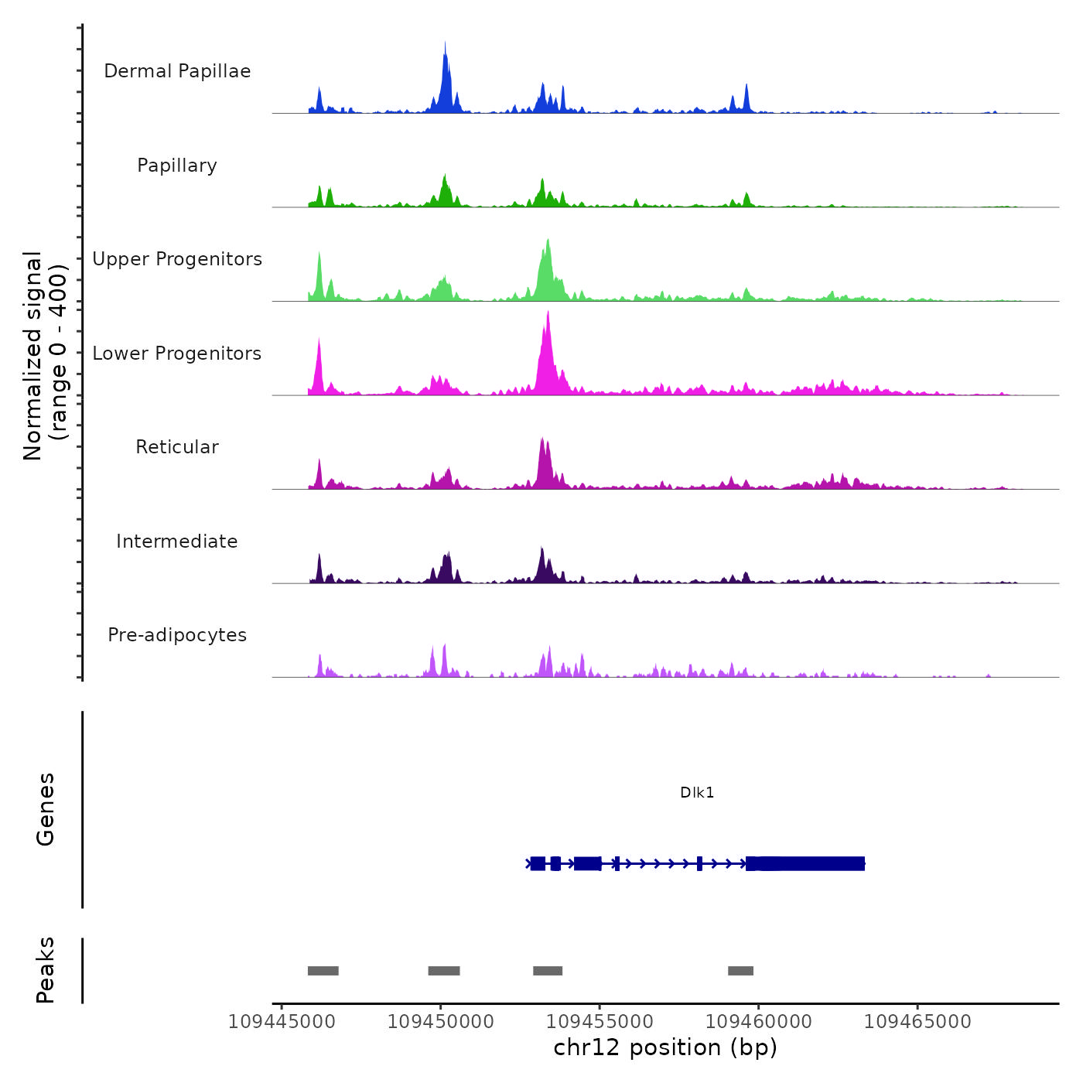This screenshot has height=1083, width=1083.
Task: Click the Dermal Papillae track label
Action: point(177,71)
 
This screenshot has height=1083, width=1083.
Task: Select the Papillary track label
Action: point(177,166)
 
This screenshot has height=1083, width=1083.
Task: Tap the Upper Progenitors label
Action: point(177,259)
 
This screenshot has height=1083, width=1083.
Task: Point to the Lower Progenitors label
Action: point(177,354)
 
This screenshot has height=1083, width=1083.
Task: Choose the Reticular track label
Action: point(177,447)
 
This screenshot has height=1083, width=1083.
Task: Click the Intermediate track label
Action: point(177,541)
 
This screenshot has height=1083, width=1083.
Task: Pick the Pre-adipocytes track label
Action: point(177,635)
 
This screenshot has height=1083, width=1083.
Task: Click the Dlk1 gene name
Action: point(697,792)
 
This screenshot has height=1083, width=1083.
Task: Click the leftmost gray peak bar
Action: point(323,971)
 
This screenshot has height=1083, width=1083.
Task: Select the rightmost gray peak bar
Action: point(740,971)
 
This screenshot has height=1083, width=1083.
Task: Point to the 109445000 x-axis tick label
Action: point(282,1022)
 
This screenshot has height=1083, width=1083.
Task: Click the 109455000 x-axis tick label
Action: point(600,1022)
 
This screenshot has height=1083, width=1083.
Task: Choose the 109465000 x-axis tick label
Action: point(917,1022)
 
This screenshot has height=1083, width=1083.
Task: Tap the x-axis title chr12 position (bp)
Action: point(665,1047)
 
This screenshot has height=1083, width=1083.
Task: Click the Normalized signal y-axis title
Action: point(45,355)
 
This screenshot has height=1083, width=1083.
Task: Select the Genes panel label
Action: point(46,809)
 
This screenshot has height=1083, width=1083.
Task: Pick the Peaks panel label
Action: point(46,970)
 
